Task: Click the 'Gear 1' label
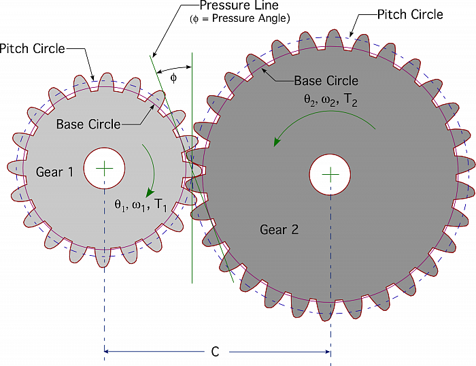point(54,172)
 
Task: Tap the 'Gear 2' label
point(279,229)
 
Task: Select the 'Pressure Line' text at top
point(239,5)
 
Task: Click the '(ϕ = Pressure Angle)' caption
point(240,18)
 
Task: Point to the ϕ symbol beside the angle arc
point(173,78)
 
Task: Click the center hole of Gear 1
point(104,168)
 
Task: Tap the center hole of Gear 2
point(330,175)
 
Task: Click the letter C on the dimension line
point(215,352)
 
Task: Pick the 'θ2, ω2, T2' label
point(330,100)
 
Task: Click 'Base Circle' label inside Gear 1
point(88,124)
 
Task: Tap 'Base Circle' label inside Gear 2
point(326,81)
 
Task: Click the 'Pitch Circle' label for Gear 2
point(410,14)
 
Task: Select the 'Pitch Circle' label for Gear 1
point(32,48)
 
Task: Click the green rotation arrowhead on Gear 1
point(150,193)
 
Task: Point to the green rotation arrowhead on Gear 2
point(277,142)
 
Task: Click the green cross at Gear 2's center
point(330,175)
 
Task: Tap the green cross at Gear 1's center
point(104,168)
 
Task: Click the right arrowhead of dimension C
point(327,352)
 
